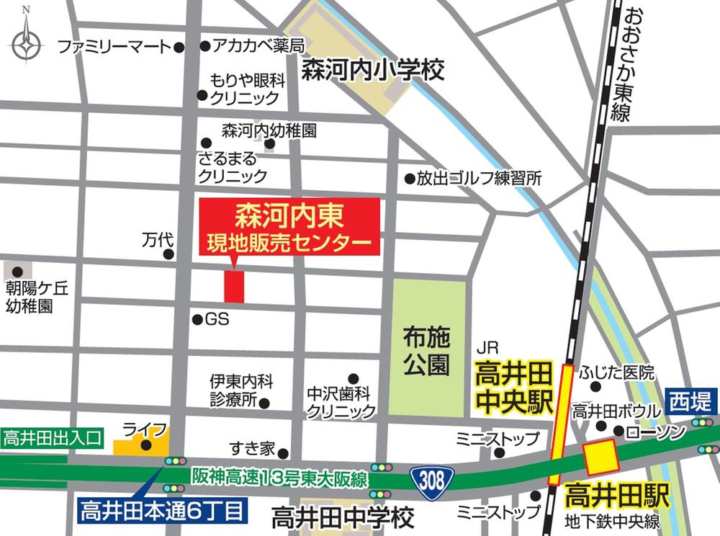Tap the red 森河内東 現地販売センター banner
click(289, 226)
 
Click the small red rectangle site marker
click(234, 287)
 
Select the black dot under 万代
click(168, 254)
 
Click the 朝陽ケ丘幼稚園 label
click(37, 297)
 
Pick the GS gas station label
click(217, 319)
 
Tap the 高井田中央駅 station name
click(513, 388)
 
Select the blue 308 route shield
click(433, 478)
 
